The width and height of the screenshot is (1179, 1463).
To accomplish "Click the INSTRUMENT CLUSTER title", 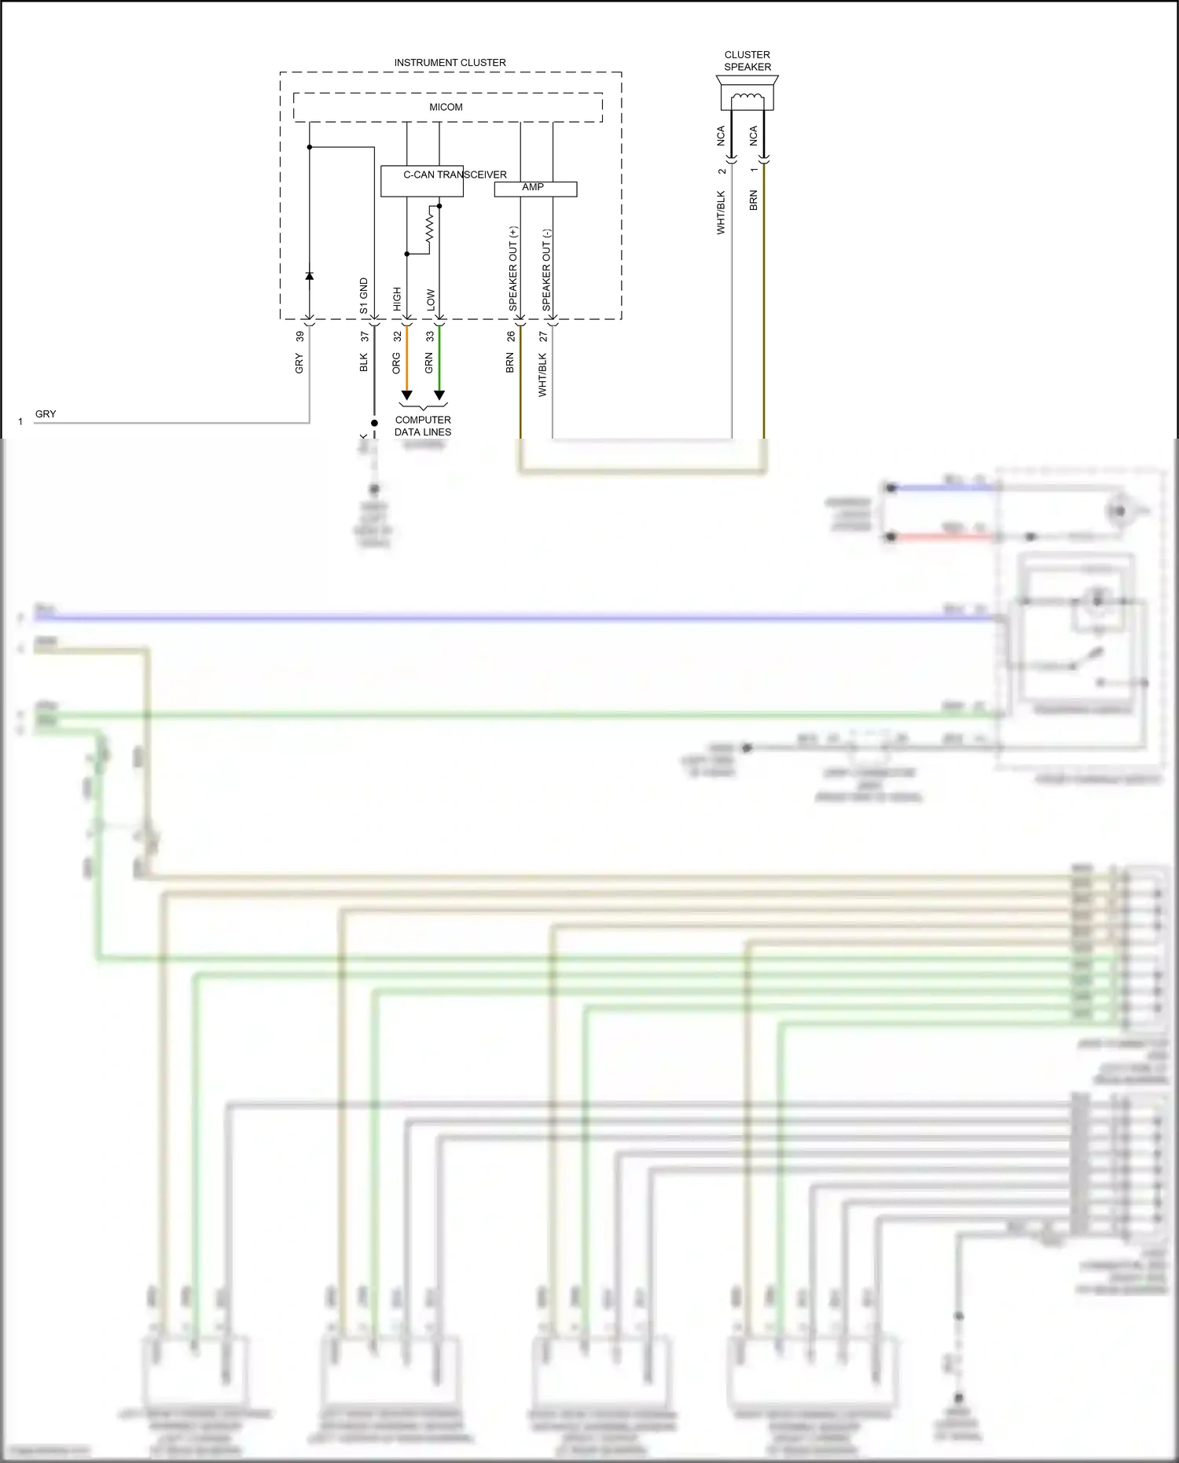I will [x=450, y=62].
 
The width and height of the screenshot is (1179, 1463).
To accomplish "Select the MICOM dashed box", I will [x=446, y=107].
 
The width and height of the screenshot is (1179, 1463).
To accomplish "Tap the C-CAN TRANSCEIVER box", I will [x=422, y=181].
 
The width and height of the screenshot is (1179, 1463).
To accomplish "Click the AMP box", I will [x=534, y=189].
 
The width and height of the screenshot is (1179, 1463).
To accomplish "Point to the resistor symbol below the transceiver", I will [x=429, y=228].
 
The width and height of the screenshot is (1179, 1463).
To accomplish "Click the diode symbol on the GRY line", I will [x=309, y=276].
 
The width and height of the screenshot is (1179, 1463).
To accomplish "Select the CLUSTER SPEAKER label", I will [x=747, y=61].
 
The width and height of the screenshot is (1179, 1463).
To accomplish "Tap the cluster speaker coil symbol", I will [x=747, y=98].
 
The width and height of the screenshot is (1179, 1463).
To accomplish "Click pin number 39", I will [x=299, y=336].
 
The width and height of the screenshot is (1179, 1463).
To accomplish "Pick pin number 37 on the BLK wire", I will [x=364, y=336].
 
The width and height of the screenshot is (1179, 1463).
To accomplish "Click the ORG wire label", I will [x=396, y=362].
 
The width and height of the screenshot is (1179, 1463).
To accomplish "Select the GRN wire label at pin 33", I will [x=428, y=362].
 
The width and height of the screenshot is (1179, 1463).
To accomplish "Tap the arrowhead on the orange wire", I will [x=406, y=395].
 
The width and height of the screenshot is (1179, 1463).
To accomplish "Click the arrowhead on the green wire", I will [x=439, y=395].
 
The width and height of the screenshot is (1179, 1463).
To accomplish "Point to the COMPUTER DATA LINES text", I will [x=423, y=426].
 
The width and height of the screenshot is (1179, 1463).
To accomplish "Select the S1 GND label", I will [x=364, y=296].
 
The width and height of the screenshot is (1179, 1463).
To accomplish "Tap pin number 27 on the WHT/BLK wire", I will [x=542, y=336].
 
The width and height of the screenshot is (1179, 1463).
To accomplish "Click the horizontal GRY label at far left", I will [x=46, y=414].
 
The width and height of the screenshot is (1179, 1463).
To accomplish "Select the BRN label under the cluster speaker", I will [x=753, y=200].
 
